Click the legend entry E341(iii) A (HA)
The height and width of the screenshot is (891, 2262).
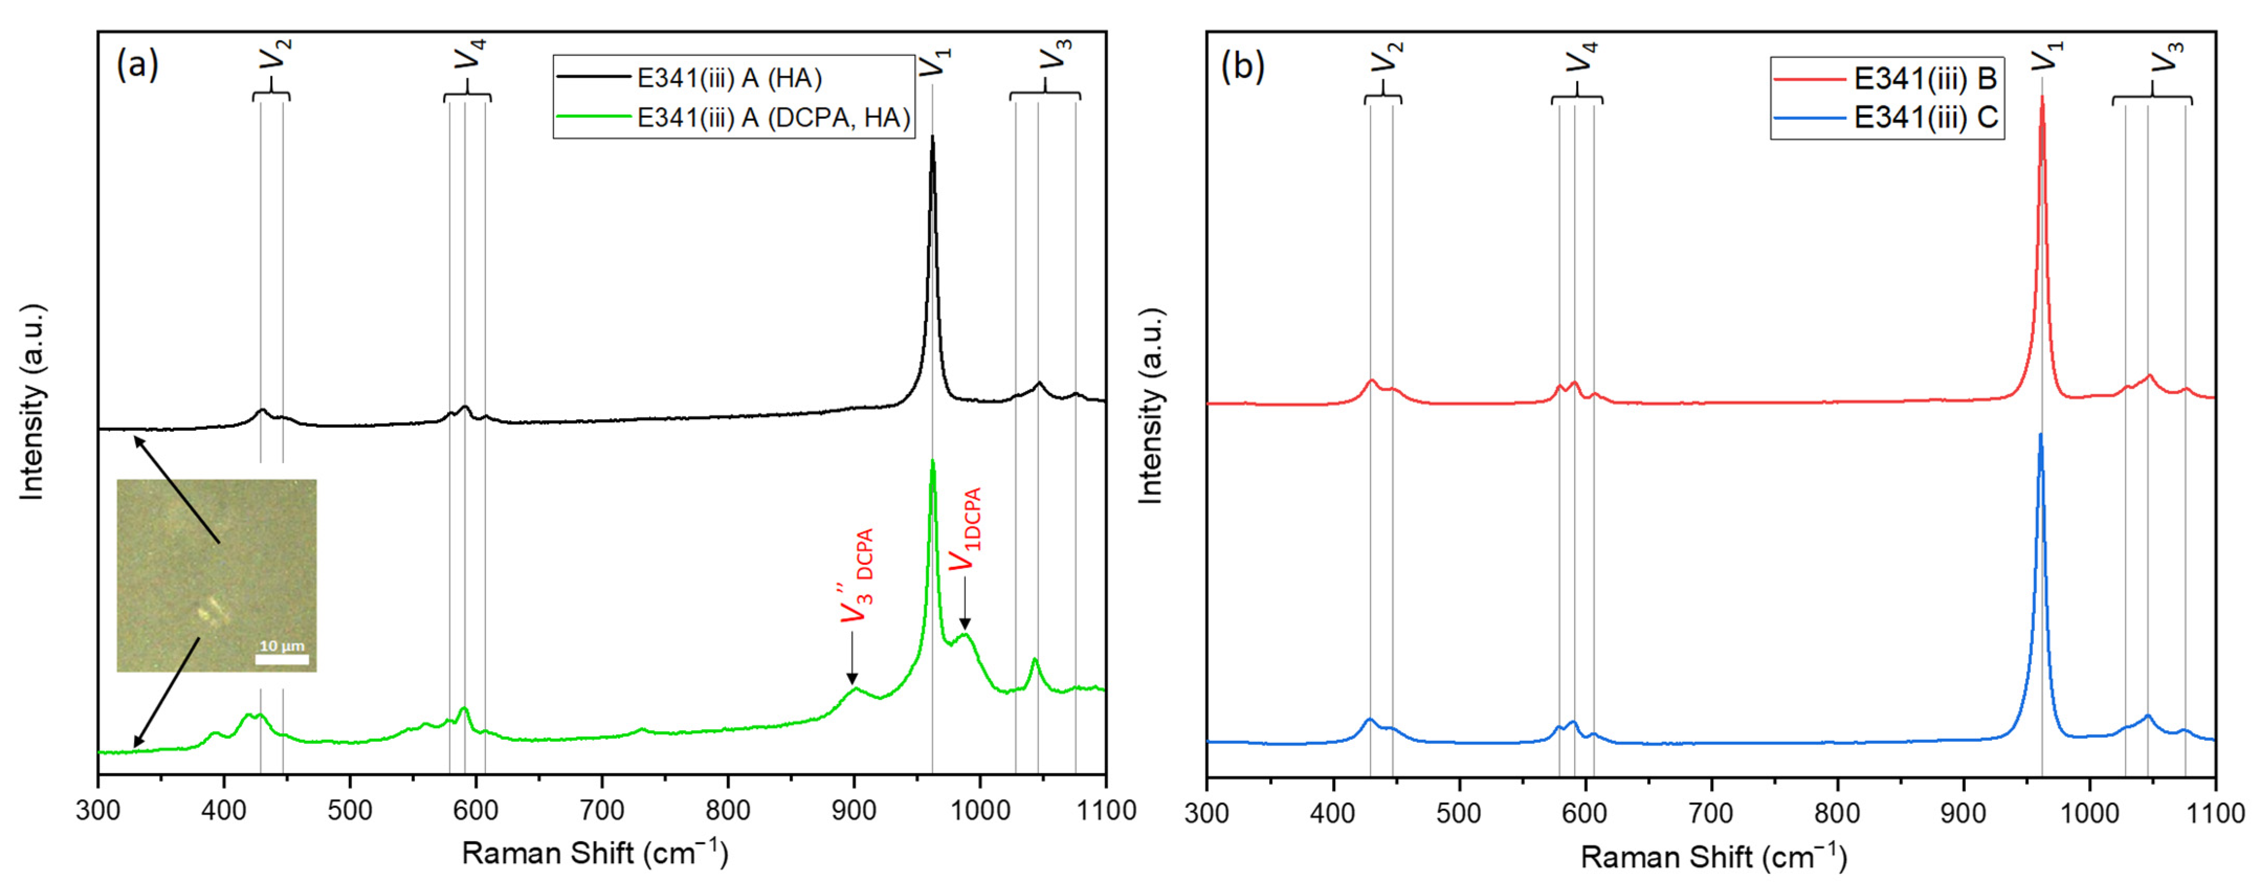[x=729, y=79]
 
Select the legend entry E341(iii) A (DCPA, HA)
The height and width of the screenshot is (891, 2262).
[x=773, y=118]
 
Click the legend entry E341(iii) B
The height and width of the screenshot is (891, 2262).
[x=1925, y=79]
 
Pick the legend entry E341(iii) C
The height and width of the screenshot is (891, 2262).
[x=1925, y=118]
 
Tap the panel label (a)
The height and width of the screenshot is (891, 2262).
[x=137, y=65]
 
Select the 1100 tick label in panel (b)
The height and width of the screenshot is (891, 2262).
[x=2214, y=813]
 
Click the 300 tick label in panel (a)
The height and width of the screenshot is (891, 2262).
[x=98, y=809]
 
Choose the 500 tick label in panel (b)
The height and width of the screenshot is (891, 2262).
[x=1459, y=813]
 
